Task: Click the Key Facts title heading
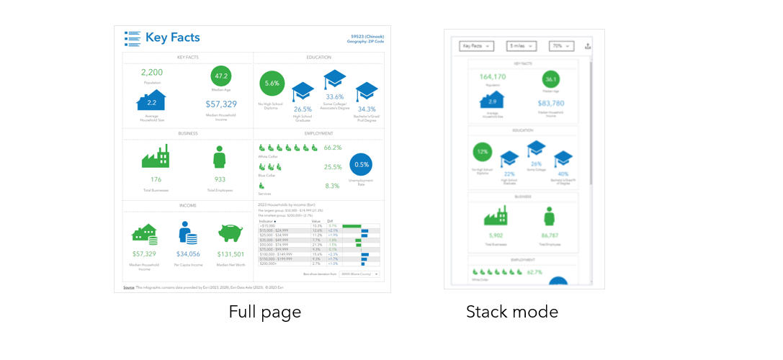pos(172,37)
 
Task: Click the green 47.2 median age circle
pos(221,76)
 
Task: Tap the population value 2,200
pos(152,72)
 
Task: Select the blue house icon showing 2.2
pos(152,102)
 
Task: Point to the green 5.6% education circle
pos(272,84)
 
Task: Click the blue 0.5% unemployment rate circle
pos(361,164)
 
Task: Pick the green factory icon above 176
pos(156,156)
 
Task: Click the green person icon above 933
pos(220,157)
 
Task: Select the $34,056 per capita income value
pos(187,254)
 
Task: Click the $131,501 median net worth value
pos(231,254)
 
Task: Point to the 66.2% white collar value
pos(332,148)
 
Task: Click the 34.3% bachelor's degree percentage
pos(367,109)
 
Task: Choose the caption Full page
pos(264,312)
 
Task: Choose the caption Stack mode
pos(511,312)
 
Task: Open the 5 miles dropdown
pos(521,46)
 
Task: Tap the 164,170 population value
pos(493,76)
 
